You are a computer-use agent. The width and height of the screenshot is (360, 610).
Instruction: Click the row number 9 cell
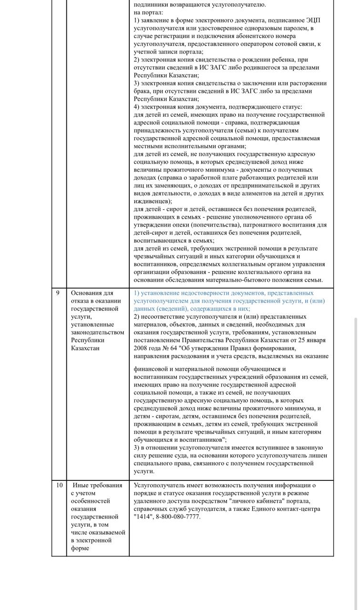58,293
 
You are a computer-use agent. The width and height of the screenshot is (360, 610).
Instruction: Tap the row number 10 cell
60,486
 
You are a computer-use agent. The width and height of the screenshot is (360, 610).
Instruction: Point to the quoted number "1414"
144,517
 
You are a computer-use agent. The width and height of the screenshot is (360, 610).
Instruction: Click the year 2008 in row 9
143,348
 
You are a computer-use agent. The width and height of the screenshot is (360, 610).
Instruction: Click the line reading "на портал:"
148,12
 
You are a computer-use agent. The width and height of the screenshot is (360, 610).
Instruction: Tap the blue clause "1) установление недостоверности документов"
224,293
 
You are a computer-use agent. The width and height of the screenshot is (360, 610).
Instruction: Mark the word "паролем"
297,29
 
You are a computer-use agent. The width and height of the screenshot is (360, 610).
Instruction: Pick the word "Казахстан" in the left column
86,348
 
